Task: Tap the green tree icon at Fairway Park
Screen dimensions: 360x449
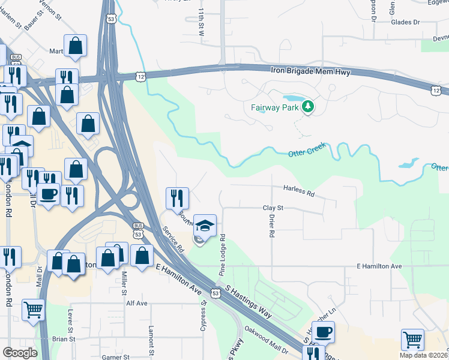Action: click(x=308, y=107)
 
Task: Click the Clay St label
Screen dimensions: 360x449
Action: click(x=273, y=208)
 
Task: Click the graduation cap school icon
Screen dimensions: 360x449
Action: click(x=205, y=226)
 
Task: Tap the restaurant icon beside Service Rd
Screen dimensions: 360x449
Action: click(x=177, y=197)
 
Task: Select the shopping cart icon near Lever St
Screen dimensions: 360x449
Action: click(x=34, y=310)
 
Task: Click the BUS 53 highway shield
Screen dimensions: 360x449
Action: click(x=139, y=226)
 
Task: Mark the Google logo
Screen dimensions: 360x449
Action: click(x=20, y=353)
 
